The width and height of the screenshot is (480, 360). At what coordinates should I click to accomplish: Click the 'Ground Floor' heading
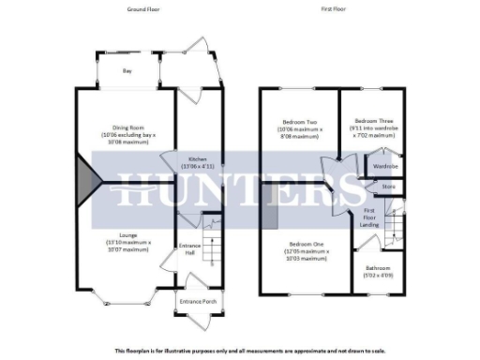143,8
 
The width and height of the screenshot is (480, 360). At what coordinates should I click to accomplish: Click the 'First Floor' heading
334,8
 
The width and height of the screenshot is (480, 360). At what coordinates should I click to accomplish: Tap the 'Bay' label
127,70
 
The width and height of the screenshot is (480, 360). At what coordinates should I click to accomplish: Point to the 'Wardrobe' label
385,166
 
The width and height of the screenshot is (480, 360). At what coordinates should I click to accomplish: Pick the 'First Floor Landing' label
370,217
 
